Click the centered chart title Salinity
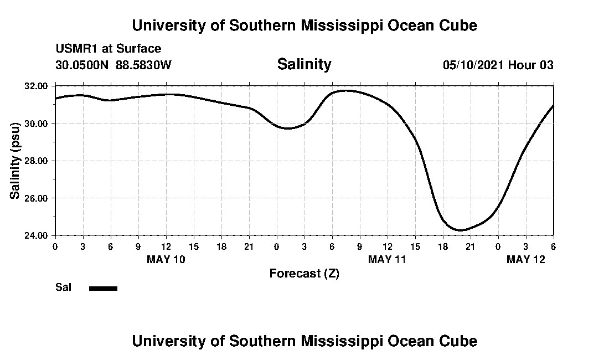(x=304, y=64)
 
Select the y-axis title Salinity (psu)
(x=15, y=161)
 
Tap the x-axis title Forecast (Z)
(x=304, y=274)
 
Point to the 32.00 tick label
(x=37, y=86)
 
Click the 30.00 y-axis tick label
(x=37, y=123)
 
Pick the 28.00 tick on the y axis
(x=37, y=161)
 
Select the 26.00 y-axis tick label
(x=37, y=198)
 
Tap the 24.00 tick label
(x=37, y=235)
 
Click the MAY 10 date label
(x=166, y=259)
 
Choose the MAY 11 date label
(x=388, y=259)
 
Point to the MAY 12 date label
(x=526, y=259)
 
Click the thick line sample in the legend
(x=103, y=288)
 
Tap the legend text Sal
(x=63, y=287)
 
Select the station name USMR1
(x=75, y=49)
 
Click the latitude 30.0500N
(x=82, y=65)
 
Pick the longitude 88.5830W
(x=143, y=65)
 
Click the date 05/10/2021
(x=473, y=65)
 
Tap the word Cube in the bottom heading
(x=461, y=341)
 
